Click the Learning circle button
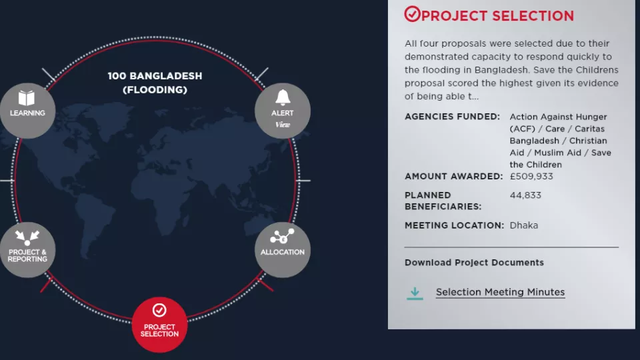[x=27, y=111]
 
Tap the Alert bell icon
[x=283, y=97]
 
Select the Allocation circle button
[x=283, y=250]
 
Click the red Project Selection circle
[x=159, y=325]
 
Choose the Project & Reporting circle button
[x=27, y=250]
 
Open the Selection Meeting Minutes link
[x=500, y=292]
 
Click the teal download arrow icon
[x=415, y=293]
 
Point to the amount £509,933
[x=531, y=176]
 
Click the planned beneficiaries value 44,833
[x=525, y=195]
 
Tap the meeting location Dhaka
[x=524, y=225]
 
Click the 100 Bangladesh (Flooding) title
[x=155, y=83]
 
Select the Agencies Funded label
[x=452, y=117]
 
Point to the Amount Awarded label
[x=453, y=176]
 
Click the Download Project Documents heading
[x=474, y=263]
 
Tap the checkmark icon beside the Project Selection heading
[x=412, y=14]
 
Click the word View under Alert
[x=283, y=125]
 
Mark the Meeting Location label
[x=454, y=225]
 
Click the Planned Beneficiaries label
[x=443, y=201]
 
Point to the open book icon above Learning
[x=27, y=98]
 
